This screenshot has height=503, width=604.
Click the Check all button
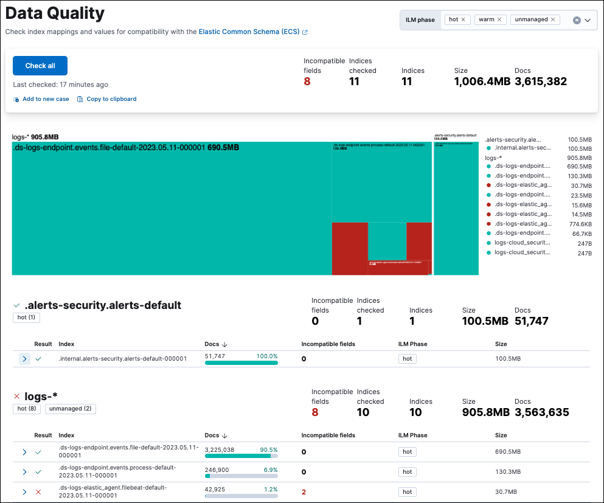point(40,66)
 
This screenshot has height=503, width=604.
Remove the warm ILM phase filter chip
point(499,20)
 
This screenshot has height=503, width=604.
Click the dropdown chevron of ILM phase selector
point(588,20)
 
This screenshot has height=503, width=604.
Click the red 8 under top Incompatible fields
point(307,82)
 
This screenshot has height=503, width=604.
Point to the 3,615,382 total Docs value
point(541,82)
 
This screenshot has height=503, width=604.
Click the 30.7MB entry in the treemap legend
point(580,186)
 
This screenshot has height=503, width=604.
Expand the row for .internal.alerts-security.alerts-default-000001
point(24,359)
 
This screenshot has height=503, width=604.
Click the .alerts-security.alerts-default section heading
point(103,305)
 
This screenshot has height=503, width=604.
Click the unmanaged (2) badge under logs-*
point(71,409)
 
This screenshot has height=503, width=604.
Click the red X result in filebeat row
point(38,492)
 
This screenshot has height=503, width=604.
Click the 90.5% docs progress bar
point(241,455)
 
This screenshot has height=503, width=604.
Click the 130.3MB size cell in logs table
point(508,472)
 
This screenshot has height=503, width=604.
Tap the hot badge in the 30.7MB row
point(408,492)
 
